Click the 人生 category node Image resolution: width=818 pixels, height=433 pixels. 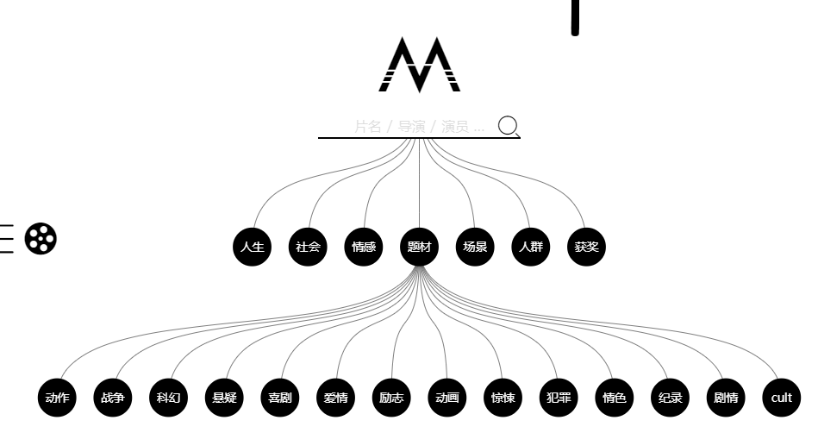(252, 247)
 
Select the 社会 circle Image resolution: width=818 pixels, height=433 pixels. (308, 247)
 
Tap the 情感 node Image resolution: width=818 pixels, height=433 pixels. (363, 247)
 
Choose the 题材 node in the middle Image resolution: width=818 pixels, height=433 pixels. (419, 247)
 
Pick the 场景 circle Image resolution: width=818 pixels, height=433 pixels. (474, 247)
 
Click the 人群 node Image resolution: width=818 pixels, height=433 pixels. (529, 247)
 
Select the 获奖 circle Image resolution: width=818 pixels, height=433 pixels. (585, 247)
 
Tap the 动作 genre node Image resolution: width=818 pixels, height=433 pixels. (58, 398)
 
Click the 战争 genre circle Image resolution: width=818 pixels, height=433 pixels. (113, 398)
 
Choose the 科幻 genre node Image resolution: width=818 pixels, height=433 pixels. (168, 398)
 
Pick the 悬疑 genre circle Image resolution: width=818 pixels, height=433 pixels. (223, 398)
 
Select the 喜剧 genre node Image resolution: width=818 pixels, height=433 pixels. (279, 398)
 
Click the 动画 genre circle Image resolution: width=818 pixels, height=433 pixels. (447, 398)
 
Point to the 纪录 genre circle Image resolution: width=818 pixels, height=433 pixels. (670, 398)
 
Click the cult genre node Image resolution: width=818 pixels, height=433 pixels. (781, 398)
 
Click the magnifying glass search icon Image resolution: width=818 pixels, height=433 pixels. (509, 126)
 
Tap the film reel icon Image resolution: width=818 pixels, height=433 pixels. (41, 238)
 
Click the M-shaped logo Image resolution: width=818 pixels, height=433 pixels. (420, 65)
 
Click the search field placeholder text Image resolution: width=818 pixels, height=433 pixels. (419, 127)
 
